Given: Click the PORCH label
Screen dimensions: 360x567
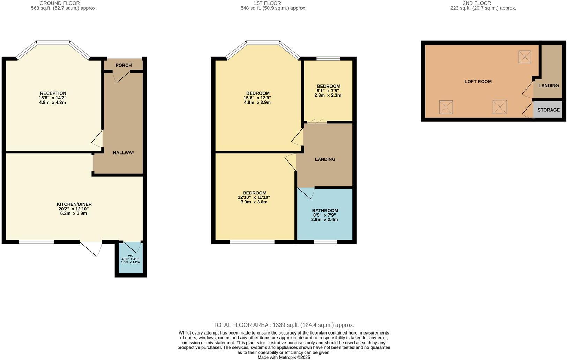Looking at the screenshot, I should click(124, 65).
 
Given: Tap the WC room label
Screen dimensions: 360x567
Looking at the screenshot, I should click(130, 256).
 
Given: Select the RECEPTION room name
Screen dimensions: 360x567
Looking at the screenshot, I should click(53, 93).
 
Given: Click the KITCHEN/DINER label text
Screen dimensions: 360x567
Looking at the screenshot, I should click(74, 204).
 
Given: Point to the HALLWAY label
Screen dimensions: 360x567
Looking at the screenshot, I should click(124, 152).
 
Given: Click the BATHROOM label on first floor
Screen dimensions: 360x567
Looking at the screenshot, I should click(325, 210).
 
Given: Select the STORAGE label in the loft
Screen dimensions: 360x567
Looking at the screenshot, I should click(548, 110).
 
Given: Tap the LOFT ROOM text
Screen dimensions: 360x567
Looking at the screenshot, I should click(478, 81).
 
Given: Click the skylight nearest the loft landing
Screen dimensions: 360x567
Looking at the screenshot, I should click(524, 57).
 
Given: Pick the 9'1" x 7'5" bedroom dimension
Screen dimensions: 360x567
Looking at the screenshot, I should click(328, 91).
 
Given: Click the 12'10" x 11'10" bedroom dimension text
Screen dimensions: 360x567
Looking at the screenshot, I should click(254, 197).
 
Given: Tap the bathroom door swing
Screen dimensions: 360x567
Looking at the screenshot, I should click(307, 193).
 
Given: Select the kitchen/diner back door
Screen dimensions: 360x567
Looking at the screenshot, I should click(91, 248).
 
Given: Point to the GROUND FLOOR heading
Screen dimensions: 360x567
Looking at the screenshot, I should click(60, 3).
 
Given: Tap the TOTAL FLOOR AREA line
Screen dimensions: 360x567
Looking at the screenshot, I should click(284, 325).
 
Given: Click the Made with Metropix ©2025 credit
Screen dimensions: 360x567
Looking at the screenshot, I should click(284, 357).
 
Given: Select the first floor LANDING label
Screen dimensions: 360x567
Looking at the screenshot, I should click(325, 159).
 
